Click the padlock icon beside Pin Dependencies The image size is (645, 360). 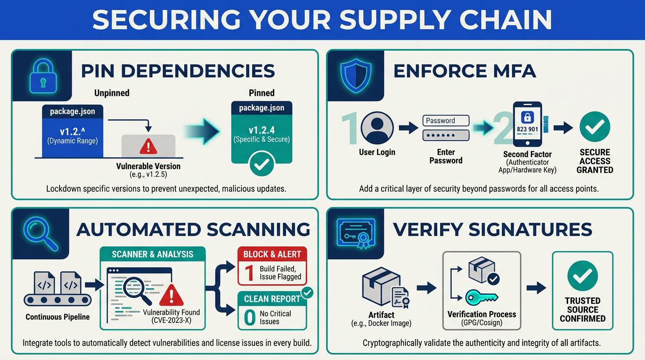43,76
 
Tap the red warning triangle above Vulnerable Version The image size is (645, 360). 148,147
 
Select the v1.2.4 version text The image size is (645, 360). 262,130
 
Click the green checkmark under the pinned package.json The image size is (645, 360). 262,164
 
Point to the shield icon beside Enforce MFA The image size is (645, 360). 356,75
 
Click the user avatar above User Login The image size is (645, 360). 377,128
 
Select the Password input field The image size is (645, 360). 446,120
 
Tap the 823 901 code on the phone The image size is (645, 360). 527,129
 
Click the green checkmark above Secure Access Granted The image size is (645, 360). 594,127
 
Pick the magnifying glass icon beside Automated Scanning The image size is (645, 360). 41,233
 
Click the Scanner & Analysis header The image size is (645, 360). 153,255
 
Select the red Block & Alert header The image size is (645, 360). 272,255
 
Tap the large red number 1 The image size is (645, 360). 249,273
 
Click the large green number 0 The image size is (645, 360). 250,318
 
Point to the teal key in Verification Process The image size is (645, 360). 481,298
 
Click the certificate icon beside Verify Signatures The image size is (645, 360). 356,233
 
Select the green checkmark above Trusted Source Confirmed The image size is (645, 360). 583,276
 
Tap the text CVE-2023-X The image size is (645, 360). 172,321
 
